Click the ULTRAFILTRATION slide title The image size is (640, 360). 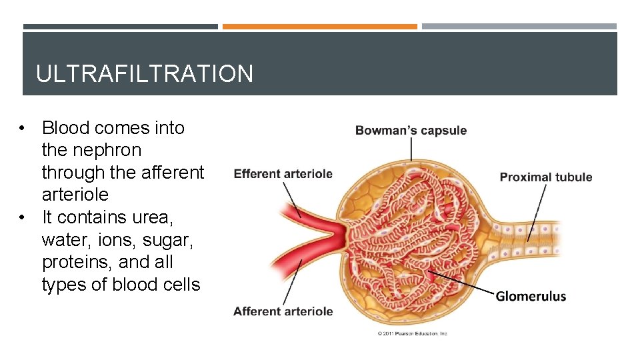(145, 73)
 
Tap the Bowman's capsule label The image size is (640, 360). (411, 131)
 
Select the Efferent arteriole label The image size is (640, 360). (283, 174)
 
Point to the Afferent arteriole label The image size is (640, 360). (283, 311)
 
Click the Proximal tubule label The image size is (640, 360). (546, 177)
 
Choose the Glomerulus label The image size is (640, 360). (531, 297)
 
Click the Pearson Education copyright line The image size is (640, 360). (413, 333)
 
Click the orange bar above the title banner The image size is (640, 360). (319, 27)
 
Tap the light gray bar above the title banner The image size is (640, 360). (519, 27)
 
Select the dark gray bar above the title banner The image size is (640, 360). (120, 27)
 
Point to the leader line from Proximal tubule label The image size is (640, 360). (537, 210)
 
